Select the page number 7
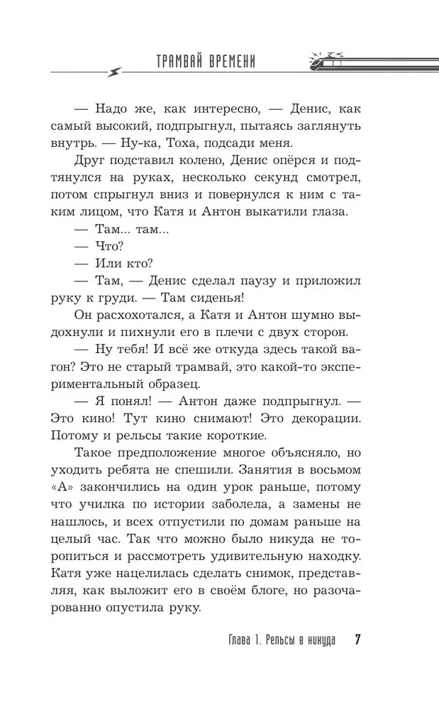pos(358,640)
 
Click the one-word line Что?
pos(109,247)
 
